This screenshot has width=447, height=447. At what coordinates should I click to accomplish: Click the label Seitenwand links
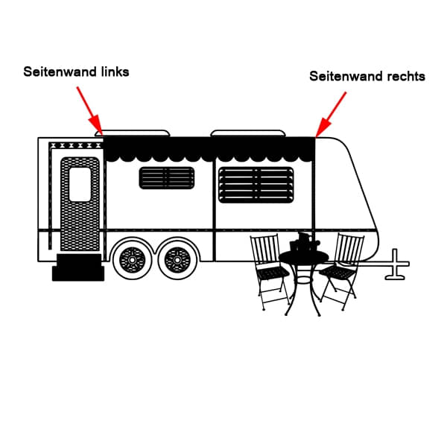76,72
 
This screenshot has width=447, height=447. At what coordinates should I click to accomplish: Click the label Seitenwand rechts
367,76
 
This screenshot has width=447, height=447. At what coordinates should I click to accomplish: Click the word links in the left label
116,72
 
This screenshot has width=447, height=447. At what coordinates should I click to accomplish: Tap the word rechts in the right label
406,76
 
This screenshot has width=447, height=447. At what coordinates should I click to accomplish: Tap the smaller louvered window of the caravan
167,178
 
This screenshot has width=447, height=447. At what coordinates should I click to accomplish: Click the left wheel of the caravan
133,259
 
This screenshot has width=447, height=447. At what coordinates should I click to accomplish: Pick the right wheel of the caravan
177,259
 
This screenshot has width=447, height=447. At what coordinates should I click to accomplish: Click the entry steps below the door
78,267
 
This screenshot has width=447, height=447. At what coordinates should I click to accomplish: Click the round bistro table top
303,257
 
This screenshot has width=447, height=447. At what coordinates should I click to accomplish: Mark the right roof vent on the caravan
248,133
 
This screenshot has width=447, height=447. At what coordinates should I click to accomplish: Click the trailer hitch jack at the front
397,265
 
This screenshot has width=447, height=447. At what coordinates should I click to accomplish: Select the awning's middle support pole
215,201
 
